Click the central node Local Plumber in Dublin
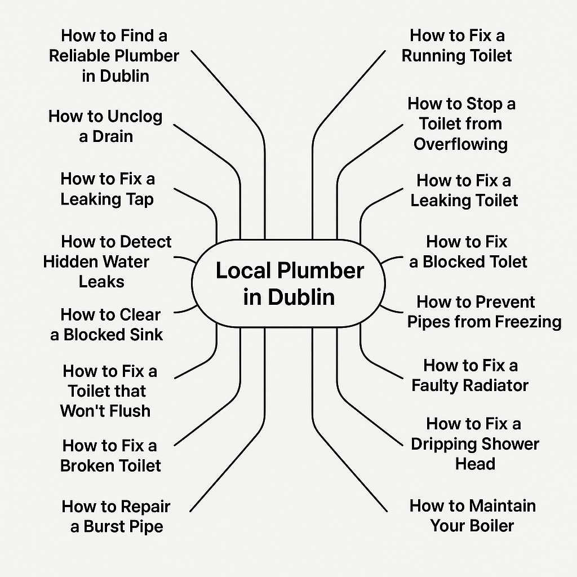288,283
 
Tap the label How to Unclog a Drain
105,126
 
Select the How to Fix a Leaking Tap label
108,189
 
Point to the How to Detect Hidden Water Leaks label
107,261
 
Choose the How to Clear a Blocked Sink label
107,325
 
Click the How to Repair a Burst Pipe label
116,516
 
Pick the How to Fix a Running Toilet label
456,46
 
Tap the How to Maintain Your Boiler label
473,516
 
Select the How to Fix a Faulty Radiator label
471,375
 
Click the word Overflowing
461,144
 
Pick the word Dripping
443,445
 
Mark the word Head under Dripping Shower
475,464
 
